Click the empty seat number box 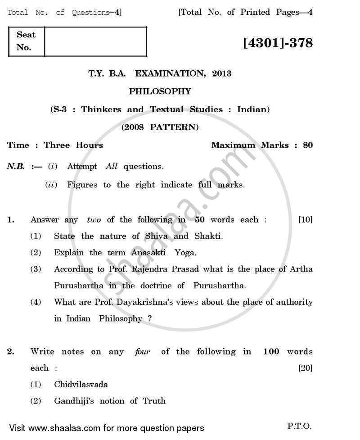click(95, 41)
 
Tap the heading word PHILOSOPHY click(160, 91)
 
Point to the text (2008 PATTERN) click(160, 127)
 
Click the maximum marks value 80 click(308, 145)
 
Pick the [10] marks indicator click(306, 220)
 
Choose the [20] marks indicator click(306, 368)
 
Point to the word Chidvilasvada click(81, 384)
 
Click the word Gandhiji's click(72, 401)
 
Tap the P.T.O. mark click(299, 426)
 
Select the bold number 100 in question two click(271, 351)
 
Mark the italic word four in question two click(142, 351)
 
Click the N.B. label click(16, 167)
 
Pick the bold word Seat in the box click(26, 35)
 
